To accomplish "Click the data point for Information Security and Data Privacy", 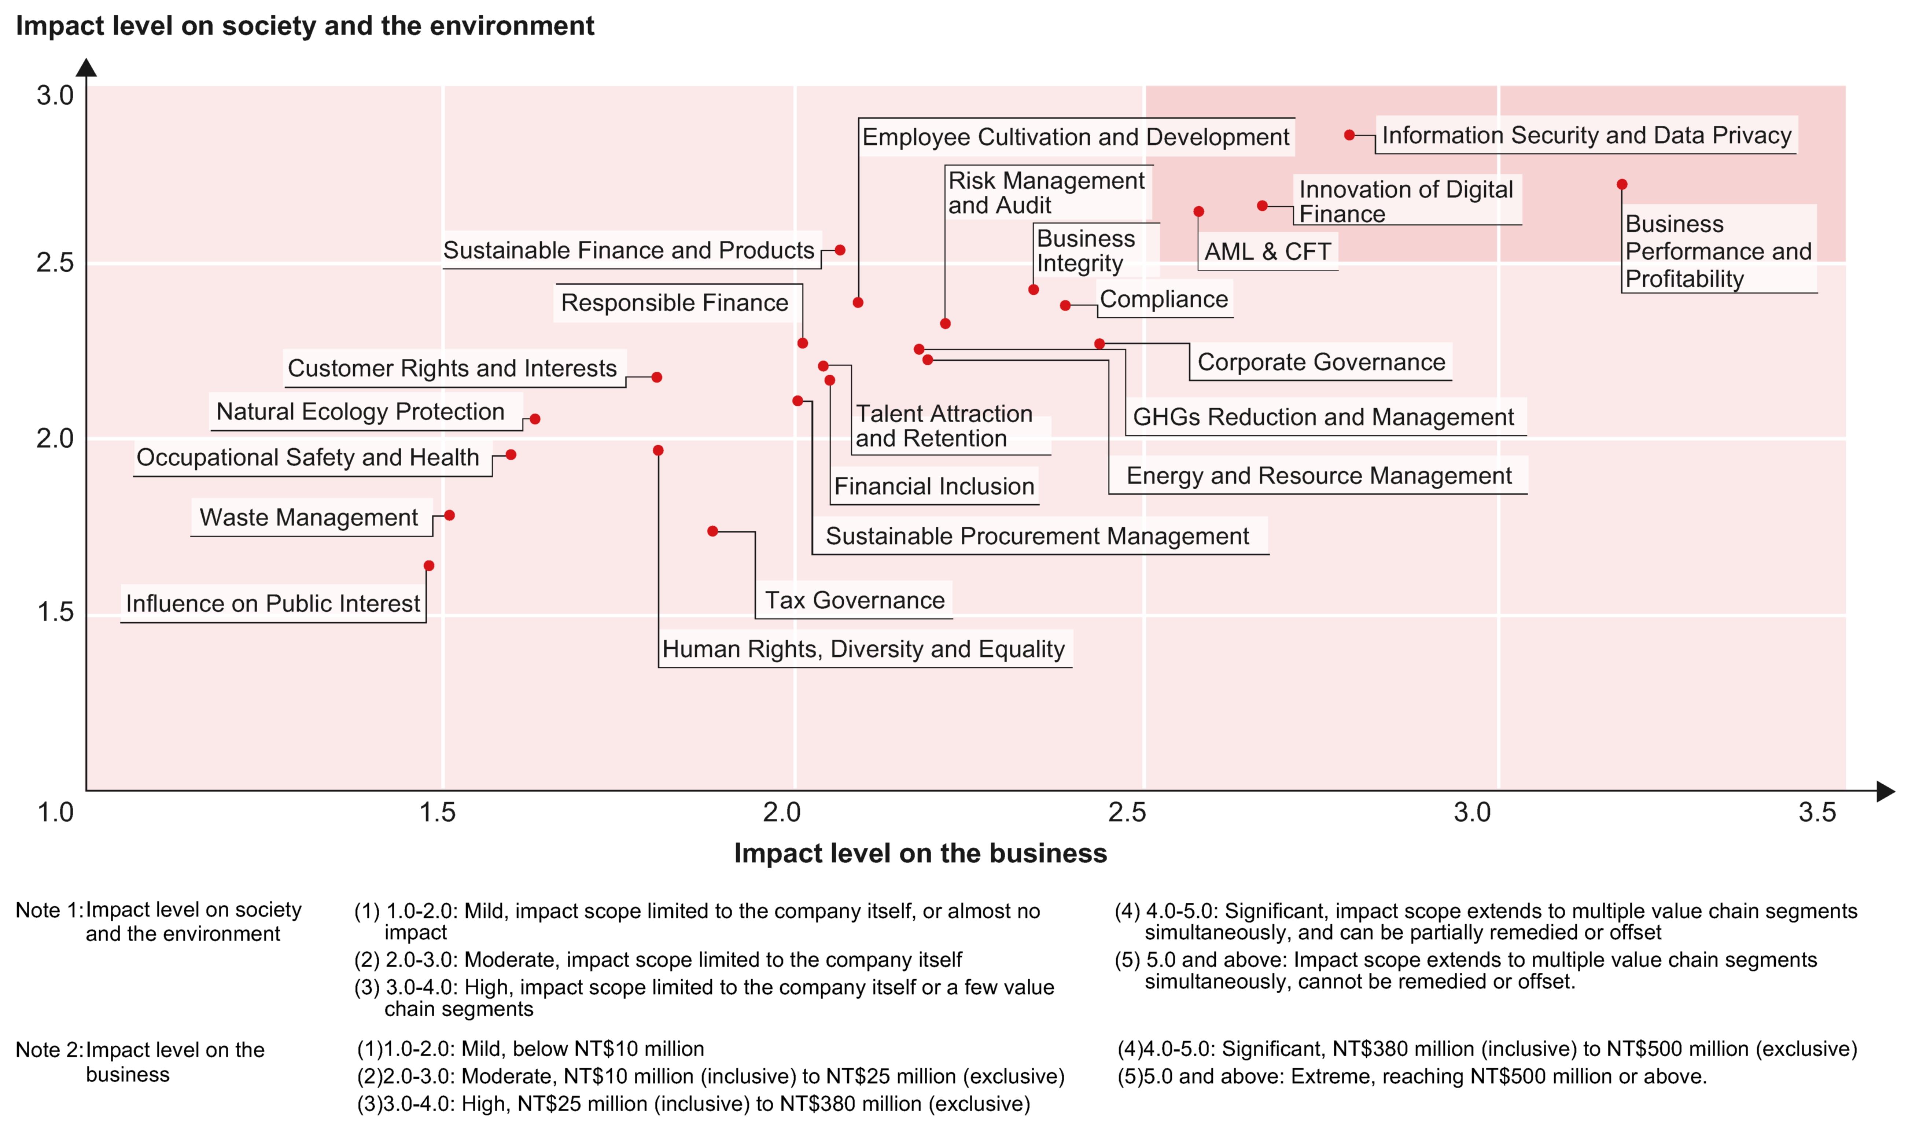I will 1349,135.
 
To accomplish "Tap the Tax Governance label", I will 855,600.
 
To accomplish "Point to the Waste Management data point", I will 449,516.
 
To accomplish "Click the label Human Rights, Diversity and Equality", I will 863,649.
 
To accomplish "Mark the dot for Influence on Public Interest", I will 429,566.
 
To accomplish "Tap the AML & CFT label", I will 1267,252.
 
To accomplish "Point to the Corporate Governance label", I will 1321,362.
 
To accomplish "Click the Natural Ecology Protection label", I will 360,412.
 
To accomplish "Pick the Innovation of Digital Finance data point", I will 1262,206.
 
